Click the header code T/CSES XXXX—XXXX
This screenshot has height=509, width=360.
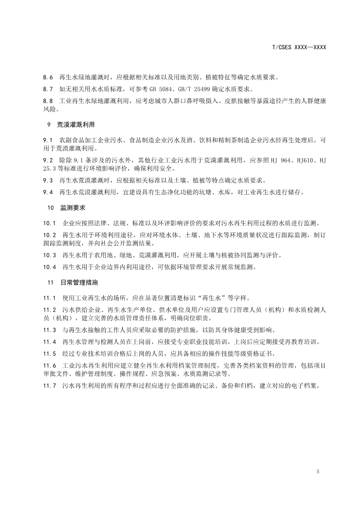pyautogui.click(x=299, y=47)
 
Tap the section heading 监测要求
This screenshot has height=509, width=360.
pyautogui.click(x=73, y=209)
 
